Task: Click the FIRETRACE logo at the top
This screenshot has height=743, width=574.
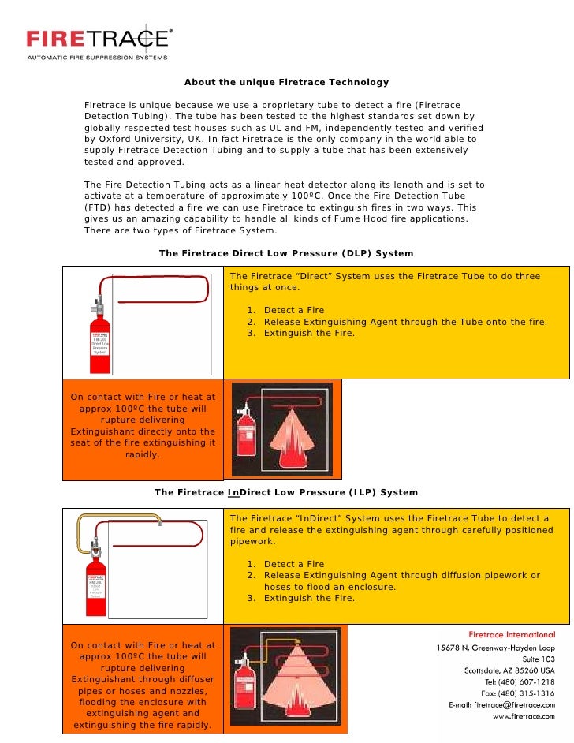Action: [98, 39]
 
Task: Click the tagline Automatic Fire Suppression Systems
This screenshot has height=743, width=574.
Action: [98, 57]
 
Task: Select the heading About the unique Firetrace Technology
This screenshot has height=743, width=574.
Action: [286, 82]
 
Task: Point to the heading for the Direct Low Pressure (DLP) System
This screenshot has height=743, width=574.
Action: [285, 253]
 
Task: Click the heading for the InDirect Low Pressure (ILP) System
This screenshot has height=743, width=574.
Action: [285, 492]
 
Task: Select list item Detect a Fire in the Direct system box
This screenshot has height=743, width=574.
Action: [293, 310]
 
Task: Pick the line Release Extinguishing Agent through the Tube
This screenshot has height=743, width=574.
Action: [405, 322]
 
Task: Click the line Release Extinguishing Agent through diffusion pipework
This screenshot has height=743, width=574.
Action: [402, 576]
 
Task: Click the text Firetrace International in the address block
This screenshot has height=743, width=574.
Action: [512, 634]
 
